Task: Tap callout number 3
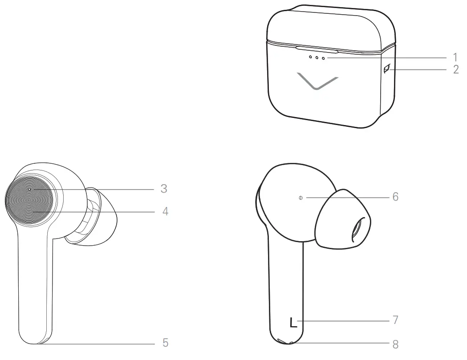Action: point(164,189)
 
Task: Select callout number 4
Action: point(165,211)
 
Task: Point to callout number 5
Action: point(165,343)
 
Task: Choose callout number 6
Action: point(395,197)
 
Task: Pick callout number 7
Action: point(395,320)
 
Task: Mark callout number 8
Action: point(395,344)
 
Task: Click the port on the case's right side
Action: point(386,69)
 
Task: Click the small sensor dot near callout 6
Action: point(301,198)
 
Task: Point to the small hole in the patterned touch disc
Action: point(29,189)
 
